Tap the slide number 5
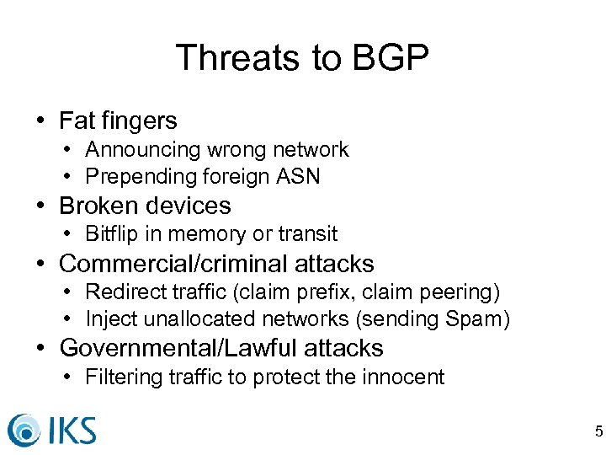click(598, 432)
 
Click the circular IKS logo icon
click(24, 429)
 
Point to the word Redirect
click(122, 292)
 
